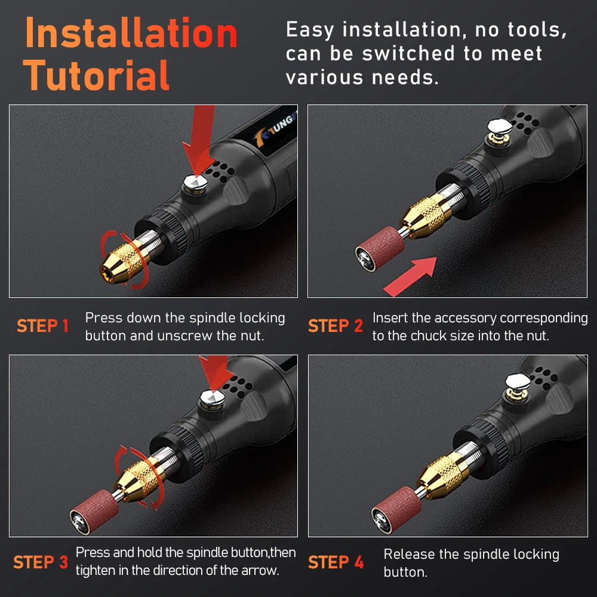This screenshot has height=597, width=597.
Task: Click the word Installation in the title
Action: tap(131, 34)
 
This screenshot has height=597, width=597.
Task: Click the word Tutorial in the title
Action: tap(97, 76)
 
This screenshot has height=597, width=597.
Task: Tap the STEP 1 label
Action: tap(43, 327)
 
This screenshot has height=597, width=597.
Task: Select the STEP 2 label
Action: tap(336, 327)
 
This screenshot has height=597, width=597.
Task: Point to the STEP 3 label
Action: tap(41, 562)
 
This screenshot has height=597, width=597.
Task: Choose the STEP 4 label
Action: tap(336, 562)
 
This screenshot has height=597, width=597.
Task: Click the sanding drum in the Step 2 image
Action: tap(380, 245)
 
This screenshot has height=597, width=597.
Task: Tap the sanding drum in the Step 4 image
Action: tap(395, 506)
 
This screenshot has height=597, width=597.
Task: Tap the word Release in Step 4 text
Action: tap(410, 555)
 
